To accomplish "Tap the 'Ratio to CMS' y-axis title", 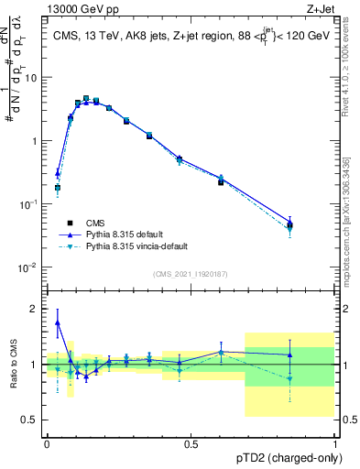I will click(x=14, y=364).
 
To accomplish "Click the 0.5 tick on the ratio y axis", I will click(x=33, y=420).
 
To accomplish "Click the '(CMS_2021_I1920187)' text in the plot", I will click(x=191, y=274).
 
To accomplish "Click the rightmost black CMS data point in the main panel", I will click(x=289, y=224).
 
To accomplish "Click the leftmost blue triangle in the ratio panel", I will click(x=58, y=322).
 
